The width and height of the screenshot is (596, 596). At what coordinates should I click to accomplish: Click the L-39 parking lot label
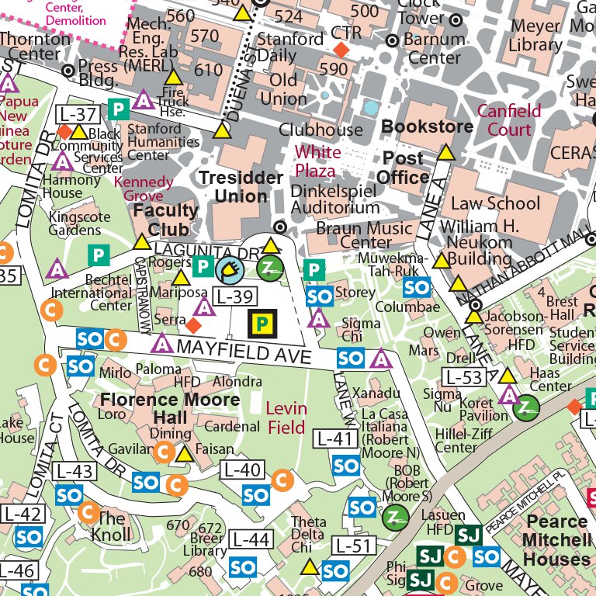[x=235, y=296]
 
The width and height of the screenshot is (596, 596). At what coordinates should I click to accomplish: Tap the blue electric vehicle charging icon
[x=230, y=269]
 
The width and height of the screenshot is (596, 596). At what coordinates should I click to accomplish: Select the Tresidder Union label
[x=241, y=187]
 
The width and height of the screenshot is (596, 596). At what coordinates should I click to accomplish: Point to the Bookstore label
[x=428, y=126]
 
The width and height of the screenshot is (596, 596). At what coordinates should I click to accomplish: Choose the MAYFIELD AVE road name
[x=244, y=351]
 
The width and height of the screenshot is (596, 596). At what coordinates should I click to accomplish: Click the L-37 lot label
[x=78, y=115]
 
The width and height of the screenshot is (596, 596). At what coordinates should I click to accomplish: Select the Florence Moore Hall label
[x=170, y=400]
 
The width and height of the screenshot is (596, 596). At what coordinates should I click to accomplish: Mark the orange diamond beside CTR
[x=341, y=50]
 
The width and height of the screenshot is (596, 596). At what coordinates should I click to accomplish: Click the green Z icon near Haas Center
[x=528, y=406]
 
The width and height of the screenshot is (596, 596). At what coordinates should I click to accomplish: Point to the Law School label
[x=495, y=203]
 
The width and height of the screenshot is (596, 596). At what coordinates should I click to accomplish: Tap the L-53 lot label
[x=463, y=377]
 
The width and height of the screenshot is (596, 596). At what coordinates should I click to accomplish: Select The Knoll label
[x=110, y=527]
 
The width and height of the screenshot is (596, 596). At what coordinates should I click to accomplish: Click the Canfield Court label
[x=508, y=120]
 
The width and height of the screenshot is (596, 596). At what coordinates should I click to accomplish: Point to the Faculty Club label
[x=166, y=219]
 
